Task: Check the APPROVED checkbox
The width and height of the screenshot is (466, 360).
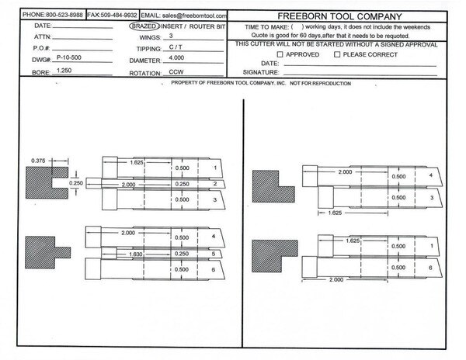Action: [x=280, y=54]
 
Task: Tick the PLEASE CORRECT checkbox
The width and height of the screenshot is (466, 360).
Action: [x=337, y=54]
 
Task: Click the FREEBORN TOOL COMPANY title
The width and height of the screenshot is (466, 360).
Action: [x=339, y=16]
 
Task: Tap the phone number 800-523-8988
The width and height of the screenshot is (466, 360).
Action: [x=64, y=15]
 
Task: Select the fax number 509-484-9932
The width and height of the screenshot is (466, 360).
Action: [x=119, y=15]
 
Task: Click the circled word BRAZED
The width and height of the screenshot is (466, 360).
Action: [x=144, y=26]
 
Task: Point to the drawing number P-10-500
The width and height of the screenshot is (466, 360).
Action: [x=69, y=57]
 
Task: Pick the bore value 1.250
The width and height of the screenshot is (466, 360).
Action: [x=64, y=71]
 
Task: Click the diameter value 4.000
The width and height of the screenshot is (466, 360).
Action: [x=176, y=57]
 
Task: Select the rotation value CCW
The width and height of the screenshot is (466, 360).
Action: [x=176, y=72]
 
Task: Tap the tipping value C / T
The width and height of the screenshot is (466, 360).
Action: [x=176, y=47]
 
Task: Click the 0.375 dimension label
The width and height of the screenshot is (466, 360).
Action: [x=38, y=161]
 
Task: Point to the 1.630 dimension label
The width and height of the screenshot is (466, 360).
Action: [x=136, y=254]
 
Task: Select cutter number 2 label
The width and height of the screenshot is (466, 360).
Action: [x=215, y=184]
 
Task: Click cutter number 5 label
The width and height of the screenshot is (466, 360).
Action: [x=214, y=254]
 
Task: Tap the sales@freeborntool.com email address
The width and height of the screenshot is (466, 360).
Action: [x=194, y=16]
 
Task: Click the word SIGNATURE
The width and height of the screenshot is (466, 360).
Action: [x=261, y=72]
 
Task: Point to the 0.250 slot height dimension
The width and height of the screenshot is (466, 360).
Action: [x=76, y=183]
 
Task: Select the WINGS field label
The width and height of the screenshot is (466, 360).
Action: [x=150, y=38]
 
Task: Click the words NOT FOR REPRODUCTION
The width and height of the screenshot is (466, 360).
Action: [x=320, y=83]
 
